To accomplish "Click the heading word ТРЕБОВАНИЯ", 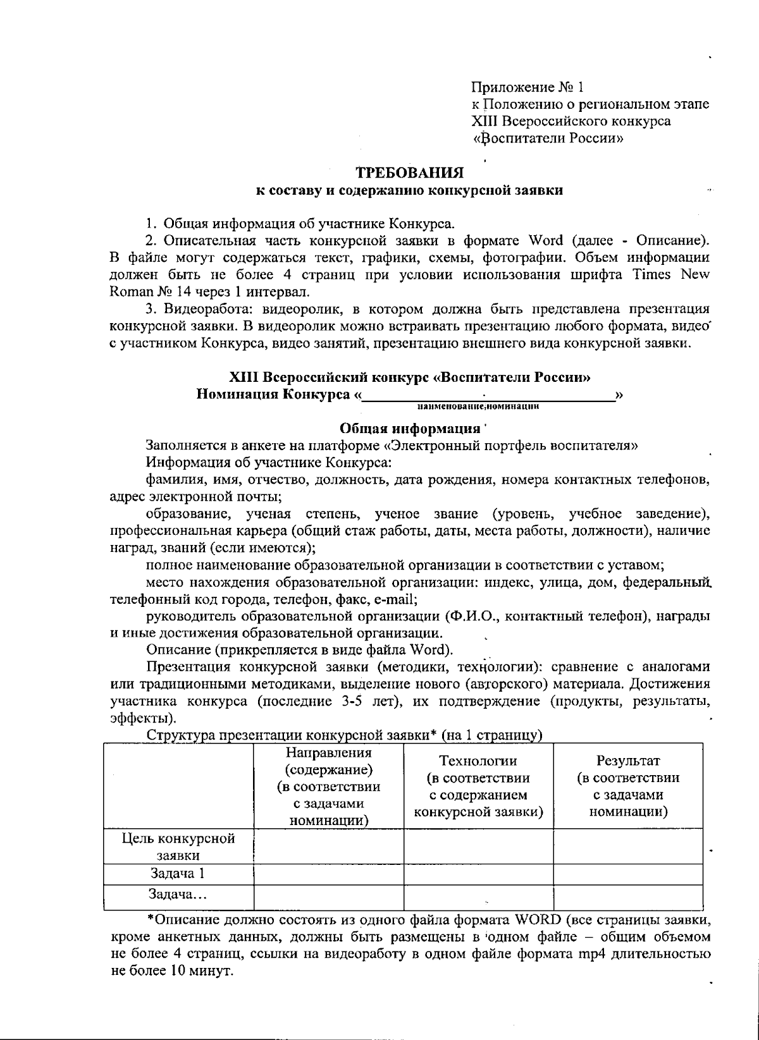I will point(409,173).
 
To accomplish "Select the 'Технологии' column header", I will point(478,761).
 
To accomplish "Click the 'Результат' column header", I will point(628,761).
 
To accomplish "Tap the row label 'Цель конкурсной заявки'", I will point(178,847).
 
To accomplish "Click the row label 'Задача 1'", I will point(178,874).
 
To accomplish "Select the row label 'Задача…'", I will point(178,894).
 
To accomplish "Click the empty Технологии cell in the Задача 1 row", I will point(478,874).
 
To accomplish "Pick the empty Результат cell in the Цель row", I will point(628,847).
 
